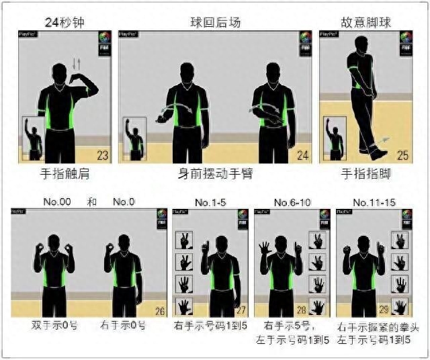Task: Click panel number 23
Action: [103, 155]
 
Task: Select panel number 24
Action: [303, 155]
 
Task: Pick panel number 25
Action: [402, 155]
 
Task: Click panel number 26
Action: [159, 311]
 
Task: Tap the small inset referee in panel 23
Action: [33, 138]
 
